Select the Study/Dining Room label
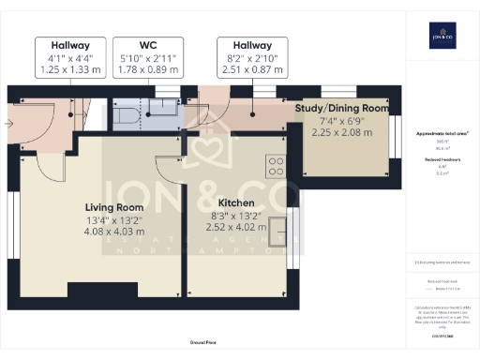pyautogui.click(x=340, y=109)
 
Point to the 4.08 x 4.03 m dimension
pyautogui.click(x=114, y=231)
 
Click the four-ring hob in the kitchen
pyautogui.click(x=277, y=166)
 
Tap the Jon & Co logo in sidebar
pyautogui.click(x=440, y=37)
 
